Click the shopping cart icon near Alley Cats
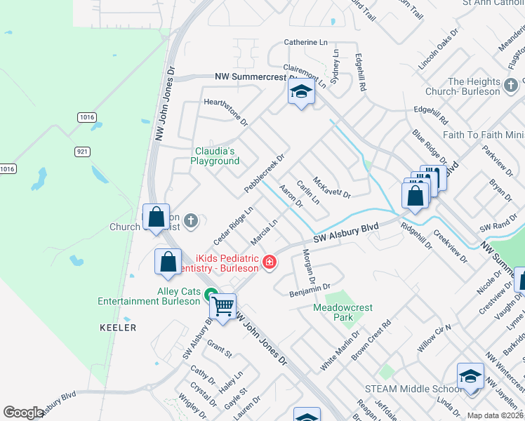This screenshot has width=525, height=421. point(223,306)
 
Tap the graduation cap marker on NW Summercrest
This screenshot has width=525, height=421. point(301,93)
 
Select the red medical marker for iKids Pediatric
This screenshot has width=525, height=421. point(268,262)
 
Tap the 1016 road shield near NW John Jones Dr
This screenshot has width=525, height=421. point(87,117)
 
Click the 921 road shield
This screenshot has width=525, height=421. point(83,151)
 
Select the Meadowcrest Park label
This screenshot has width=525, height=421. point(343,312)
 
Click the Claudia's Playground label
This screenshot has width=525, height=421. point(215,155)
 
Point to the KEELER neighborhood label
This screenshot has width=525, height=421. point(118,328)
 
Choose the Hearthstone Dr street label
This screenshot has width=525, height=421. point(226,111)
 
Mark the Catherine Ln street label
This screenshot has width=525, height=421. point(306,43)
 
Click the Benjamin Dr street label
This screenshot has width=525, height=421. point(310,288)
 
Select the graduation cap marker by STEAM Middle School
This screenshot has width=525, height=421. point(470,376)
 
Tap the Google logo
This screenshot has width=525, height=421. point(22,413)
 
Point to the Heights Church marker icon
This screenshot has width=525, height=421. point(512,87)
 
